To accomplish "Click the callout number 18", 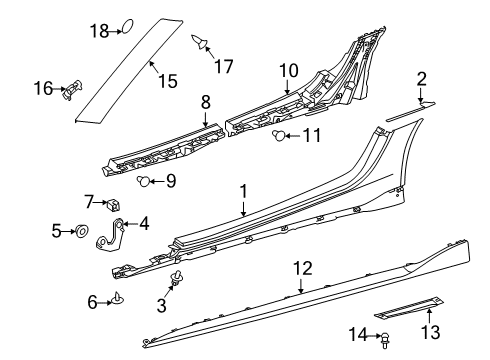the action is pyautogui.click(x=99, y=31).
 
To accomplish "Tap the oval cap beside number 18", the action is pyautogui.click(x=128, y=26).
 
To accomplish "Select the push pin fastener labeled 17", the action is pyautogui.click(x=200, y=42).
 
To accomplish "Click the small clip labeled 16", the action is pyautogui.click(x=72, y=89).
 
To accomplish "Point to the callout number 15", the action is pyautogui.click(x=167, y=81).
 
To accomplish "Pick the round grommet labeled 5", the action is pyautogui.click(x=82, y=231).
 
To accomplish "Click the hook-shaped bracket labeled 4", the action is pyautogui.click(x=111, y=234).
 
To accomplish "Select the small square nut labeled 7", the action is pyautogui.click(x=113, y=204).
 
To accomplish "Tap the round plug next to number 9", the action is pyautogui.click(x=144, y=181).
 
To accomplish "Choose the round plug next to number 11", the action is pyautogui.click(x=279, y=136).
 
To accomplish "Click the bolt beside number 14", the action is pyautogui.click(x=385, y=340).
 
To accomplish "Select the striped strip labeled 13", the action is pyautogui.click(x=409, y=306).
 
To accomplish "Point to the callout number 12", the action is pyautogui.click(x=303, y=269).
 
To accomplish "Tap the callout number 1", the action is pyautogui.click(x=244, y=191).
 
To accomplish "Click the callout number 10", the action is pyautogui.click(x=289, y=71).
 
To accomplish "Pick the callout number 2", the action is pyautogui.click(x=422, y=79).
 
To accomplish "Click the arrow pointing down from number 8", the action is pyautogui.click(x=206, y=119).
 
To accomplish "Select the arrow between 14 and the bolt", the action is pyautogui.click(x=375, y=335).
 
